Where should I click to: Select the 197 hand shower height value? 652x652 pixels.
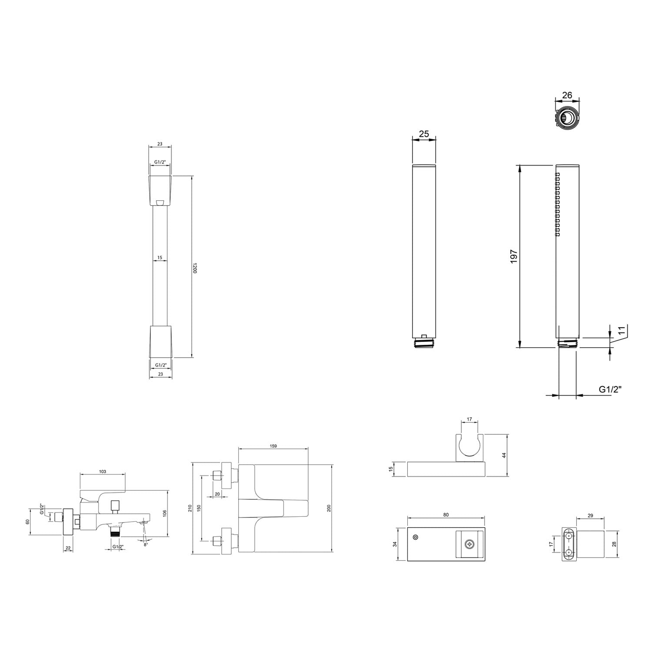514,256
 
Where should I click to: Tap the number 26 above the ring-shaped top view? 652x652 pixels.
567,95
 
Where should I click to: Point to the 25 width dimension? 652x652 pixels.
424,134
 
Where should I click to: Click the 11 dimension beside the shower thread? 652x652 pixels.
622,330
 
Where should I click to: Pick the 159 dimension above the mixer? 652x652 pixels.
273,446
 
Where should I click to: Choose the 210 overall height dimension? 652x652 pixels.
190,508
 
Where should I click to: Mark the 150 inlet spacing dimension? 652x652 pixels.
199,508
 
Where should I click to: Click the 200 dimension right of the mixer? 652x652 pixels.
329,508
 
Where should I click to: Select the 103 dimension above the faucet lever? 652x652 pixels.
103,472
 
